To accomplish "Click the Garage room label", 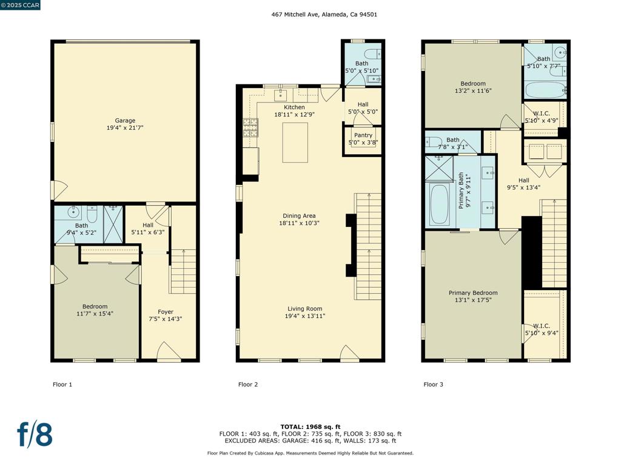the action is [x=125, y=121].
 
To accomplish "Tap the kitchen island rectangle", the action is [x=295, y=143].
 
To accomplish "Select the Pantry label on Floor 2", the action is [x=363, y=135].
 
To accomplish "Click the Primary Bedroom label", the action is [x=473, y=293].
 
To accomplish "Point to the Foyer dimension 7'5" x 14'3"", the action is [x=165, y=319].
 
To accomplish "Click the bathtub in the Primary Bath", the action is [x=439, y=204].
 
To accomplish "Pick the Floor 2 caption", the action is [x=248, y=384].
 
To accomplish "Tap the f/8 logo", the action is [x=35, y=434].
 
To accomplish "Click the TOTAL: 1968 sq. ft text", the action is [x=310, y=427].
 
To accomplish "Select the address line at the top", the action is [x=324, y=15].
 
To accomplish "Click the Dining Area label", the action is [x=299, y=216].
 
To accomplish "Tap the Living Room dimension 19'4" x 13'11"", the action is [x=305, y=316].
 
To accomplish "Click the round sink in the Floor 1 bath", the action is [x=73, y=212].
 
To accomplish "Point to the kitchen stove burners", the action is [x=250, y=127].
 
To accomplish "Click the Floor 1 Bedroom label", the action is [x=95, y=306].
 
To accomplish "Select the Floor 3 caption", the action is [x=433, y=384].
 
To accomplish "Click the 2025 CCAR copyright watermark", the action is [x=20, y=5].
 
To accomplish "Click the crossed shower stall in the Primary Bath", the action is [x=439, y=169].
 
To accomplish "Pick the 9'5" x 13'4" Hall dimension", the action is [x=523, y=187].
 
